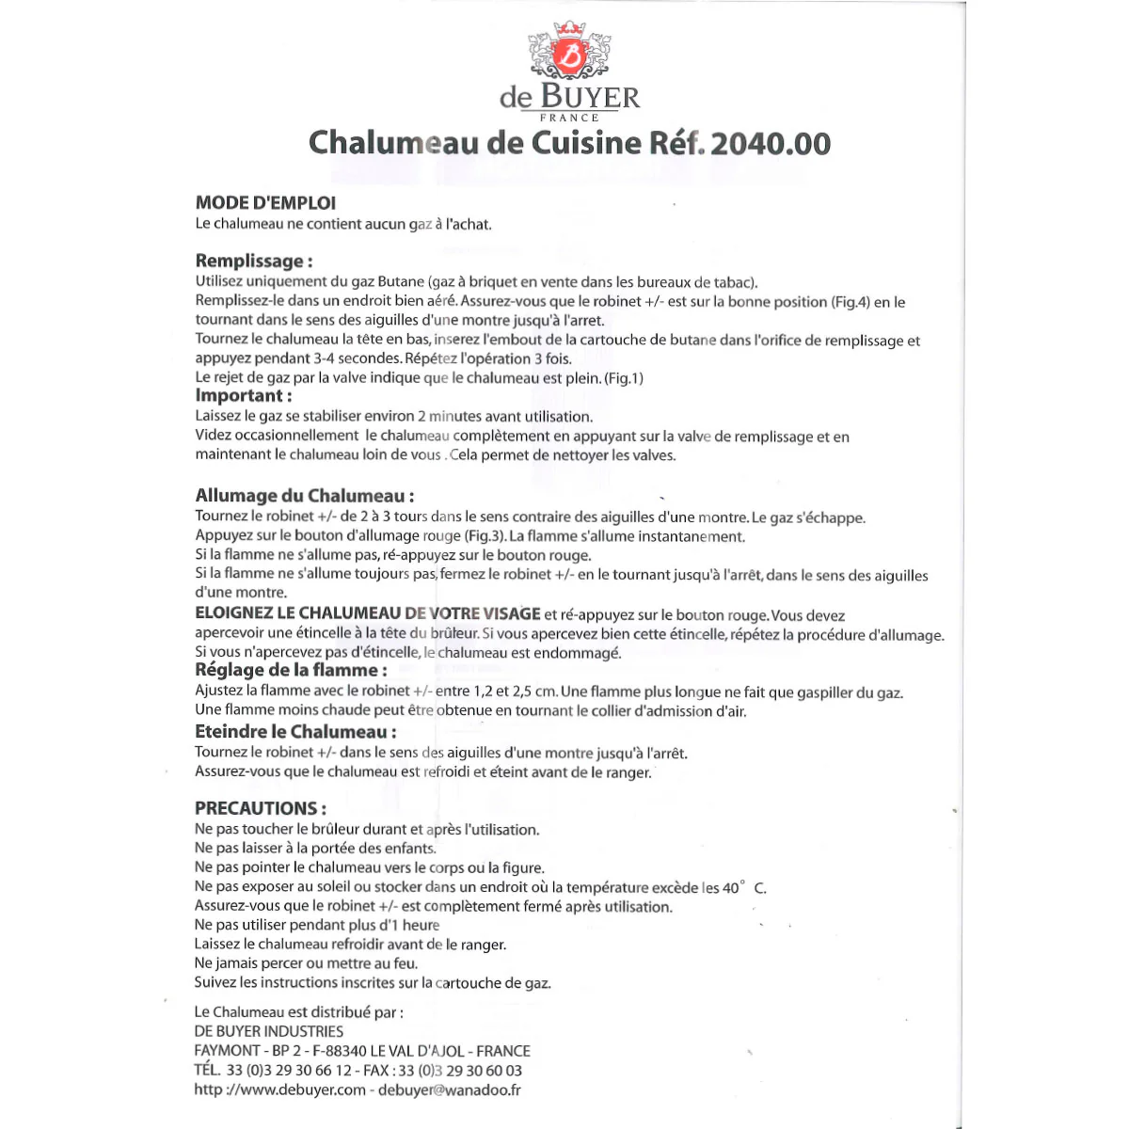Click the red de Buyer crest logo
[x=569, y=54]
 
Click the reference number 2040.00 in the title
[x=771, y=143]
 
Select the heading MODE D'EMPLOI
[x=265, y=202]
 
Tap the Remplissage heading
[x=254, y=261]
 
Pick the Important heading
[x=244, y=395]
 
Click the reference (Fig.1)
[x=624, y=378]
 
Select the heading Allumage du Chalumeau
[x=305, y=496]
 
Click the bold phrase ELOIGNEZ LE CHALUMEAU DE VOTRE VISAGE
[x=368, y=613]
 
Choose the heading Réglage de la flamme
[x=291, y=670]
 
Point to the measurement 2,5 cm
[x=534, y=692]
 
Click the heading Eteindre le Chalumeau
[x=295, y=732]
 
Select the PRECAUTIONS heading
[x=261, y=808]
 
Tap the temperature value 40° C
[x=744, y=887]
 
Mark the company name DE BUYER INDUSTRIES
[x=269, y=1032]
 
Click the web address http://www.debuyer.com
[x=280, y=1089]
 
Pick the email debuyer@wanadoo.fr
[x=450, y=1089]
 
